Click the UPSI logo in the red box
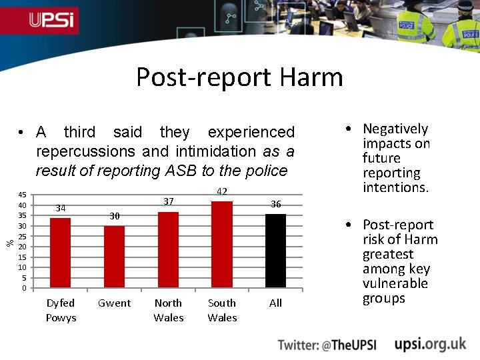pos(53,21)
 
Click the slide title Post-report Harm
pos(239,77)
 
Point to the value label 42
pos(222,192)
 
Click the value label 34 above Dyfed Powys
pos(61,208)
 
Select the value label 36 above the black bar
pos(275,204)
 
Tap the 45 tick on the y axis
pos(23,195)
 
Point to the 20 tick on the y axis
pos(23,247)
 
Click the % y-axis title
pos(10,241)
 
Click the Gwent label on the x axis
pos(114,303)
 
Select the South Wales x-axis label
pos(222,310)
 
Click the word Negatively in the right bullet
pos(395,129)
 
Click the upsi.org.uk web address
pos(430,344)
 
